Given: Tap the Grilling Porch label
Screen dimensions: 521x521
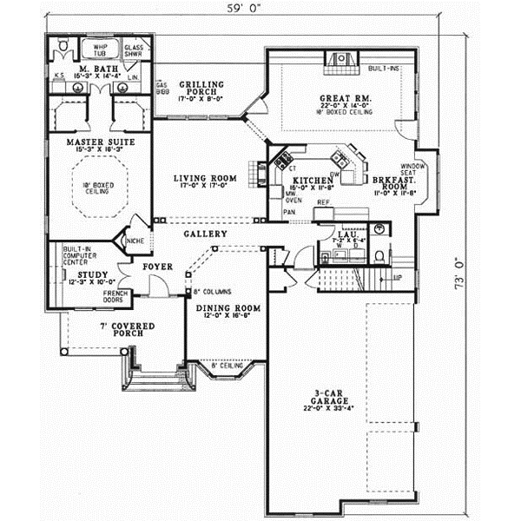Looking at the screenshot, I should tap(201, 85).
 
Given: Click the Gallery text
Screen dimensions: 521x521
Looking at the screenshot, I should tap(205, 234).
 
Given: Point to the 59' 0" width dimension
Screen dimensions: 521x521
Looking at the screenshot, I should tap(243, 11).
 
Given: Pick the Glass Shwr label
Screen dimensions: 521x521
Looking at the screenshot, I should tap(135, 49).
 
